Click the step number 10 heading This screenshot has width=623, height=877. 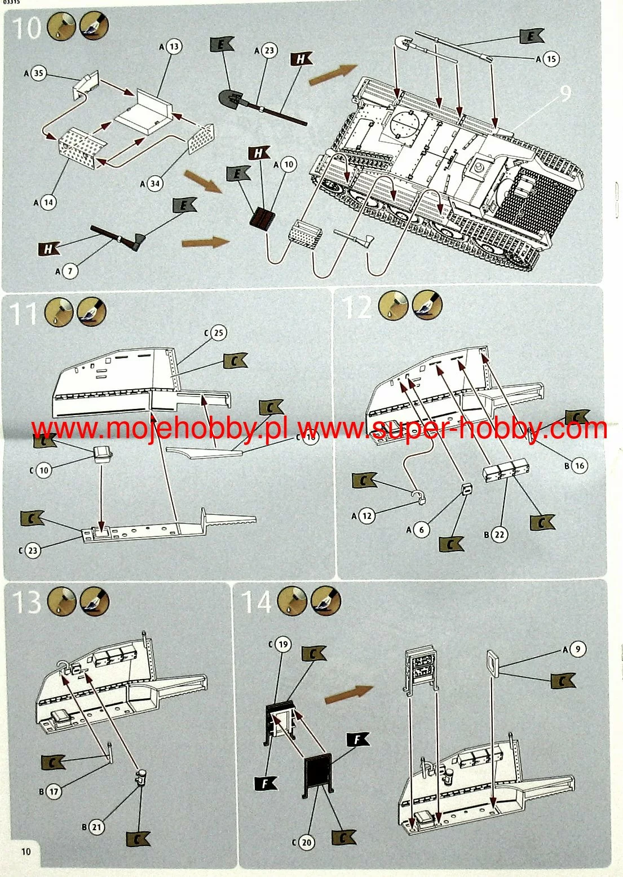(x=26, y=28)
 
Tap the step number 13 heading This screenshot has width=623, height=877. (x=26, y=602)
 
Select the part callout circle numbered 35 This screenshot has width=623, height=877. (x=38, y=73)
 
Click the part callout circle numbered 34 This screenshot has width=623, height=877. (x=154, y=183)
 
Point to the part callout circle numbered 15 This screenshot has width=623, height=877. (x=550, y=59)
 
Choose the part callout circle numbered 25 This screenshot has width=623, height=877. (x=218, y=333)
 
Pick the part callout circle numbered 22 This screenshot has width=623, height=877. (x=498, y=534)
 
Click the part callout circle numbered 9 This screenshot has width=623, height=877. (x=577, y=649)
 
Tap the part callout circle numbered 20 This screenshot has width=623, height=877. (x=306, y=843)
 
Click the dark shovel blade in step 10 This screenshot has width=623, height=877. (x=232, y=100)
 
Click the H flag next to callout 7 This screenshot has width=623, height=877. (x=49, y=248)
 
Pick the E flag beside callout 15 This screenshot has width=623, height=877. (x=531, y=37)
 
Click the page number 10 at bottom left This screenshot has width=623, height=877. (x=26, y=851)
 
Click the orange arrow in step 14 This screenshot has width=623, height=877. (x=348, y=694)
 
